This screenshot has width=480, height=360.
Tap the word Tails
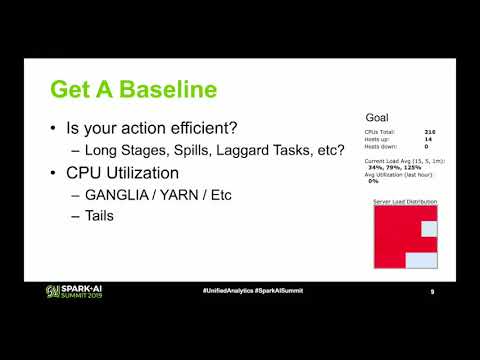click(104, 214)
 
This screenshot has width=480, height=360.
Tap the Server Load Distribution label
click(405, 201)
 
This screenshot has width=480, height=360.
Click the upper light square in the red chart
click(429, 229)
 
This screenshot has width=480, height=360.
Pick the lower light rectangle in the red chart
click(420, 261)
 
